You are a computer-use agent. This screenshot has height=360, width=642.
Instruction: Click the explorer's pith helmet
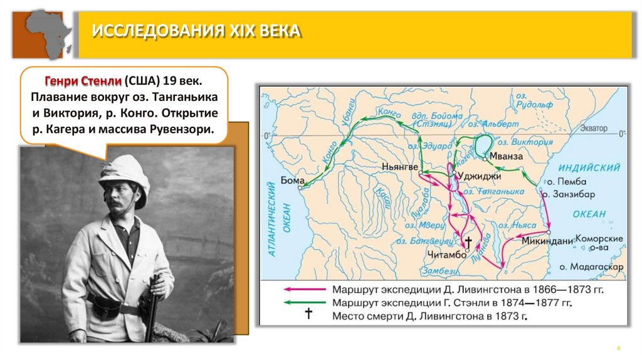[124, 172]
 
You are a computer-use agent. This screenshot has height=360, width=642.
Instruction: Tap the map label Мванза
[505, 156]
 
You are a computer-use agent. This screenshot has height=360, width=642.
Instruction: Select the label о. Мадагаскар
[592, 267]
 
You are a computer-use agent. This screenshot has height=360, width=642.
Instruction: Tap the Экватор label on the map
[593, 128]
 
